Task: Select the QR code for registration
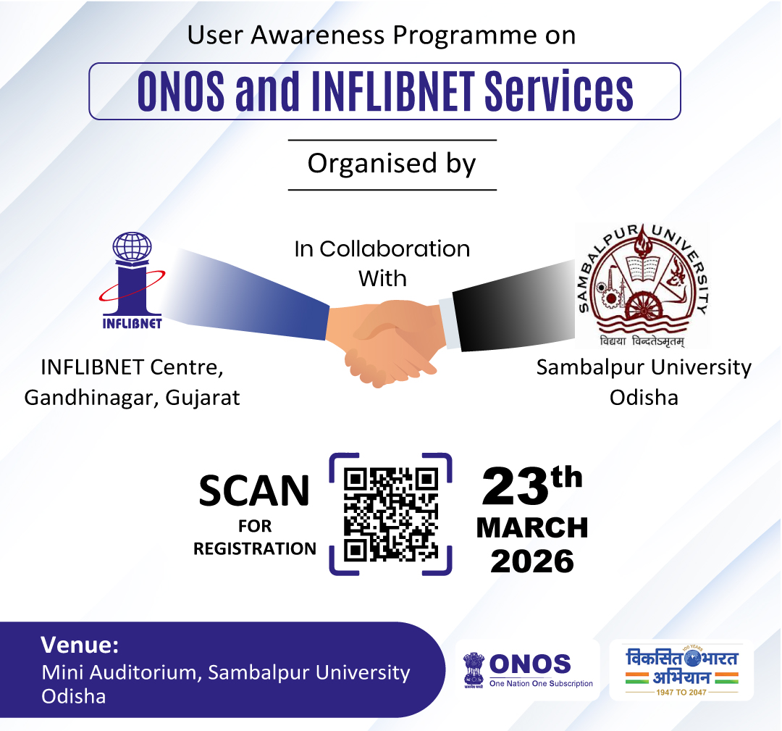point(391,514)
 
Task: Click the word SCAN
point(254,491)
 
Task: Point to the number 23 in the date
point(514,486)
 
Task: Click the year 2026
point(532,561)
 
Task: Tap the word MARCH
point(532,528)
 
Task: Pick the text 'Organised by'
point(392,163)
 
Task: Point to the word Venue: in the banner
point(80,645)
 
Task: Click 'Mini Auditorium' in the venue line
point(118,672)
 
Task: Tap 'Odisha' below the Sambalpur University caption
point(644,398)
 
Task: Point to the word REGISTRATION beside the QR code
point(254,548)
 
